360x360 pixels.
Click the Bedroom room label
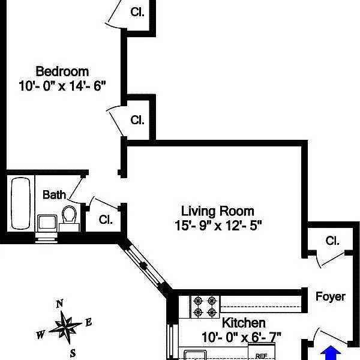pyautogui.click(x=62, y=71)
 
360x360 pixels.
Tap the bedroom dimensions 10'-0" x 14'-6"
pyautogui.click(x=62, y=85)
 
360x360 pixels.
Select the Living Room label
pyautogui.click(x=217, y=211)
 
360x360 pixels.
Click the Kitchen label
pyautogui.click(x=244, y=323)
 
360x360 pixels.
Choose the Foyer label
pyautogui.click(x=331, y=296)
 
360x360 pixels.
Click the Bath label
pyautogui.click(x=54, y=195)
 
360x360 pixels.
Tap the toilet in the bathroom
pyautogui.click(x=70, y=215)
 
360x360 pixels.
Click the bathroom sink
pyautogui.click(x=46, y=224)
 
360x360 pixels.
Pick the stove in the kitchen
pyautogui.click(x=205, y=307)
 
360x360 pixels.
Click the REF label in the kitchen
pyautogui.click(x=262, y=355)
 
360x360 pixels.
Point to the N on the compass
pyautogui.click(x=59, y=304)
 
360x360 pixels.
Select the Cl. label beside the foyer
pyautogui.click(x=332, y=241)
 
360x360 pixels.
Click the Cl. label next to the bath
pyautogui.click(x=106, y=219)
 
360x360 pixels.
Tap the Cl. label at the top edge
pyautogui.click(x=137, y=11)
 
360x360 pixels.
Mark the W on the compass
pyautogui.click(x=40, y=335)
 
